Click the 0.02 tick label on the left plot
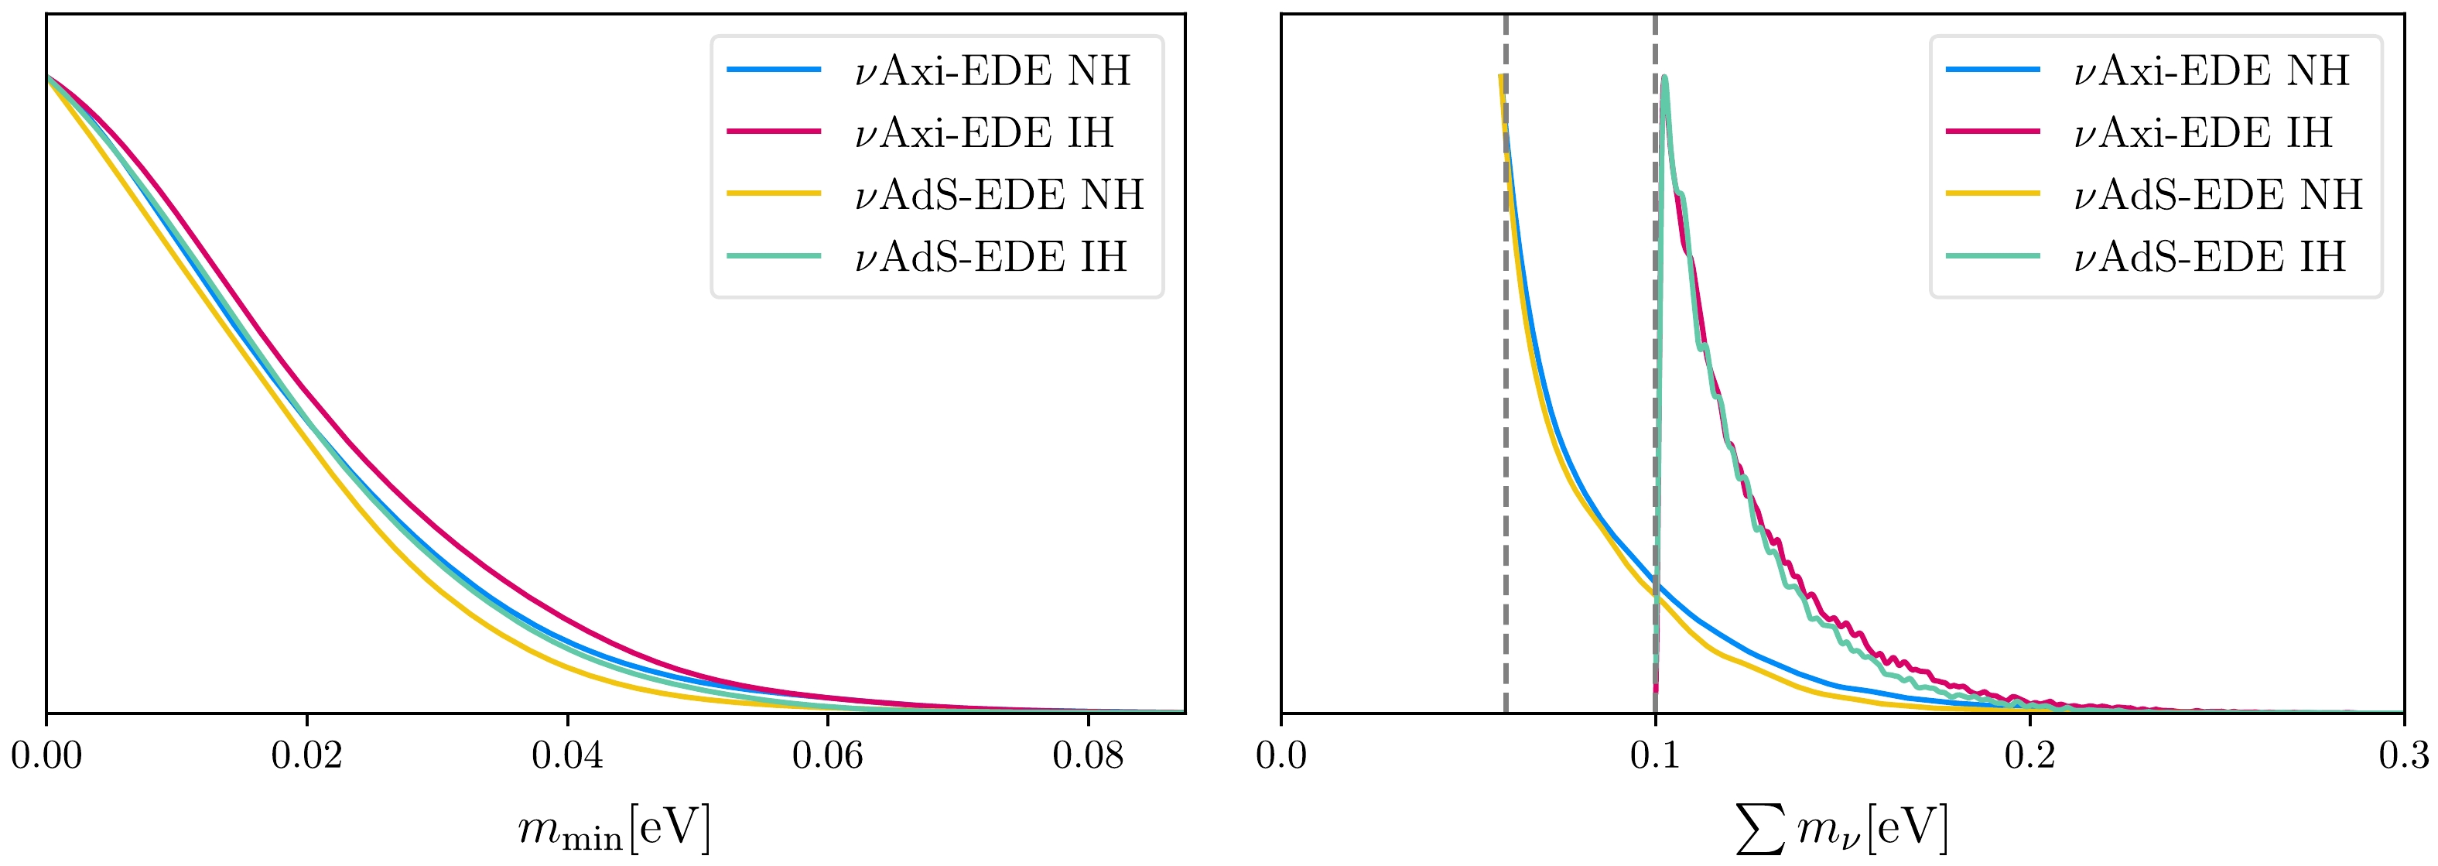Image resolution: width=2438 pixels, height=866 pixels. point(306,755)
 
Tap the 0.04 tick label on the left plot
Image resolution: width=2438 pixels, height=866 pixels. point(567,755)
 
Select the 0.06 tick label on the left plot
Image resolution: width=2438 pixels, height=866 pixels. point(827,755)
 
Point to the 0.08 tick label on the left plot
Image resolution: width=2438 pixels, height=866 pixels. point(1087,755)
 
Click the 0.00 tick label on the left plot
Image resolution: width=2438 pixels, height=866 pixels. point(46,755)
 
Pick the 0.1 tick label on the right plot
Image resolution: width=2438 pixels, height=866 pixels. point(1655,755)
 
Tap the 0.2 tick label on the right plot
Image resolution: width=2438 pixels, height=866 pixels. point(2029,755)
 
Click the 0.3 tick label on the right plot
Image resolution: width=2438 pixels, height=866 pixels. point(2402,755)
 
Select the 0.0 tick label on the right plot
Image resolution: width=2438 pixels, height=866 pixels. point(1281,755)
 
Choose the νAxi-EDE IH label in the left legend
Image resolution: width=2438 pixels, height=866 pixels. point(984,132)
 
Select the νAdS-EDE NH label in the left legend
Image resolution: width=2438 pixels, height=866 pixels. point(998,195)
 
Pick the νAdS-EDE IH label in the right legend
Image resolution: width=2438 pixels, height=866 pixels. point(2210,256)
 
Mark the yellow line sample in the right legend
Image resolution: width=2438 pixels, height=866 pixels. point(1992,194)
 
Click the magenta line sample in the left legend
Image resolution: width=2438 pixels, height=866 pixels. point(773,132)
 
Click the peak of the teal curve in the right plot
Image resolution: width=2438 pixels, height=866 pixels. point(1664,79)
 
